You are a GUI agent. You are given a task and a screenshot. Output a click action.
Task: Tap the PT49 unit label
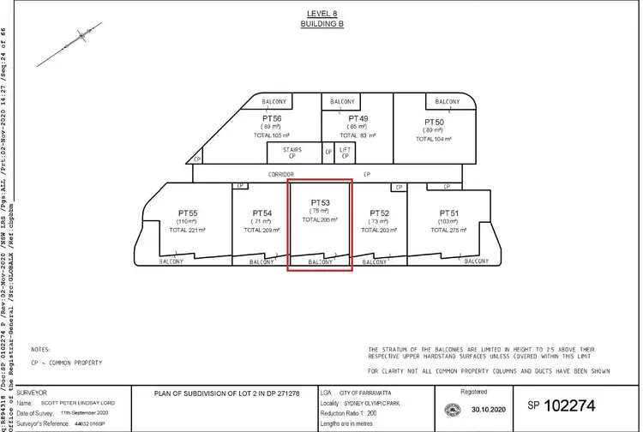358,117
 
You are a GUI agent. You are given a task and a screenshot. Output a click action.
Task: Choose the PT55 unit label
188,212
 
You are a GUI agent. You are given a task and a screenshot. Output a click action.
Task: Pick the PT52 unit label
378,212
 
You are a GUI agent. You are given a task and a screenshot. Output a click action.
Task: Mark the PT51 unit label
450,212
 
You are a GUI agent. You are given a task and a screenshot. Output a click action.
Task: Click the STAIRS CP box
284,153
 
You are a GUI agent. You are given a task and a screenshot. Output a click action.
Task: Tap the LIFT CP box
345,153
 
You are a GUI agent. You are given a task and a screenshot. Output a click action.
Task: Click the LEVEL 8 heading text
322,14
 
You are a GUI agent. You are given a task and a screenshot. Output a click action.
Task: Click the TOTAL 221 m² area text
188,230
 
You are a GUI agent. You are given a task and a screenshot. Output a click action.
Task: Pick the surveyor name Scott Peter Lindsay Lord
83,403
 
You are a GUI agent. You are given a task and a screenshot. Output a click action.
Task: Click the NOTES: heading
40,350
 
